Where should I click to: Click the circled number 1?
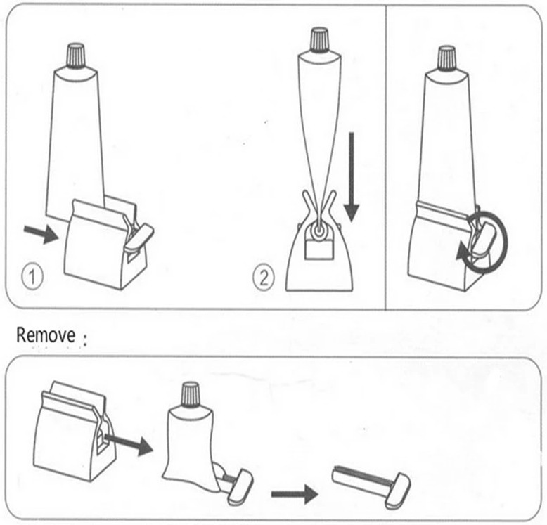coord(32,278)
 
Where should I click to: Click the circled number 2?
coord(264,278)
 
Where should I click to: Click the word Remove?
coord(46,335)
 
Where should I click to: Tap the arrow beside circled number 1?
coord(41,234)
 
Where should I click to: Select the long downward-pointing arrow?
coord(352,176)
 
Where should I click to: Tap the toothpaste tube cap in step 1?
coord(76,55)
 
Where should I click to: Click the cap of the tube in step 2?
coord(319,41)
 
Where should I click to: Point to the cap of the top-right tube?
coord(446,58)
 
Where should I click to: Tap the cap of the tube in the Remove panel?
coord(190,395)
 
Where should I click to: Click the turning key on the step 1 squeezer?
coord(139,236)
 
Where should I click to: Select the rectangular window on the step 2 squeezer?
coord(318,250)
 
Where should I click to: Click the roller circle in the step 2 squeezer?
coord(318,231)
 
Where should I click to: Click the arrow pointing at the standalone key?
coord(295,493)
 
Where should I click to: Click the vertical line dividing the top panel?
coord(385,157)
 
